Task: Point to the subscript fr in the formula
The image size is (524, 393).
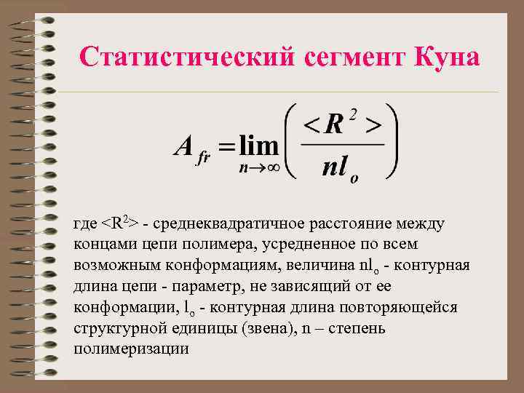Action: pyautogui.click(x=204, y=158)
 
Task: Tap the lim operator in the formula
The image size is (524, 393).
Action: pyautogui.click(x=260, y=146)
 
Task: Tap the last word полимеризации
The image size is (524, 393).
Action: pyautogui.click(x=131, y=349)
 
